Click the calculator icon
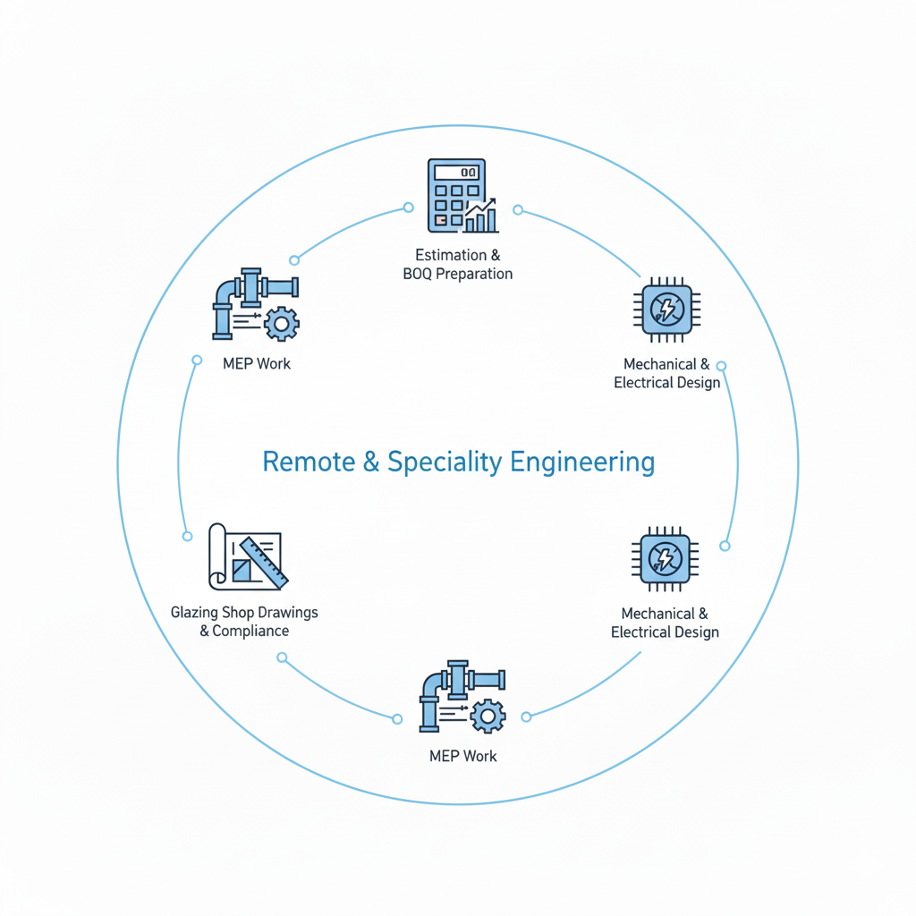point(456,195)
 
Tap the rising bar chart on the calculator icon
point(480,216)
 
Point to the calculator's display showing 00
point(456,173)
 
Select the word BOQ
point(419,274)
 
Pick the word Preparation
point(475,274)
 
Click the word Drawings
point(289,613)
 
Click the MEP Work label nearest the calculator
point(257,364)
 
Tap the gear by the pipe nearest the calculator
point(283,323)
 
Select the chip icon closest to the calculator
point(666,310)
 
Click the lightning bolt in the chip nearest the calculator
point(666,310)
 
